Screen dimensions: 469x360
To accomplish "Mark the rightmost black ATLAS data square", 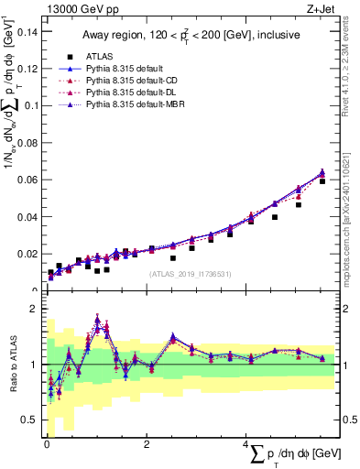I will tap(322, 181).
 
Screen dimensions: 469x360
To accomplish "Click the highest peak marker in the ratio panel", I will tap(97, 321).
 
